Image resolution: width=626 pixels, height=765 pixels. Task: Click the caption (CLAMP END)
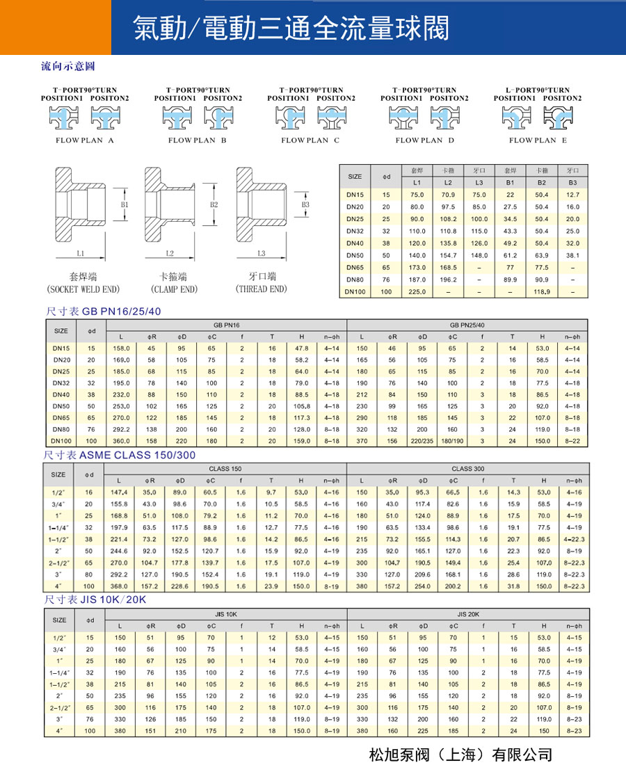[x=174, y=289]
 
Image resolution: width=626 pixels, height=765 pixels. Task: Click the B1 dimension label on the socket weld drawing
[x=125, y=205]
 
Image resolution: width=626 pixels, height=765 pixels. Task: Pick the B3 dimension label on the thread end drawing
[x=305, y=205]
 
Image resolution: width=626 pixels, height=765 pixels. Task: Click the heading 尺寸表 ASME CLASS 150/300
[x=120, y=455]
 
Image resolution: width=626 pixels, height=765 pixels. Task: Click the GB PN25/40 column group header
[x=467, y=325]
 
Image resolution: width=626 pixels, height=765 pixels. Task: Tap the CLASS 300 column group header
[x=467, y=469]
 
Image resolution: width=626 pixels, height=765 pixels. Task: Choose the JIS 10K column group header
[x=227, y=614]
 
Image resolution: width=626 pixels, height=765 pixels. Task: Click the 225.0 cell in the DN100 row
[x=417, y=292]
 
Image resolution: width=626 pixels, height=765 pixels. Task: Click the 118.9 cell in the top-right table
[x=541, y=292]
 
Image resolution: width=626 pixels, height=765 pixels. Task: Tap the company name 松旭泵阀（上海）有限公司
[x=460, y=754]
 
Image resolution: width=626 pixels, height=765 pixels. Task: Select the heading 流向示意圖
[x=67, y=67]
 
